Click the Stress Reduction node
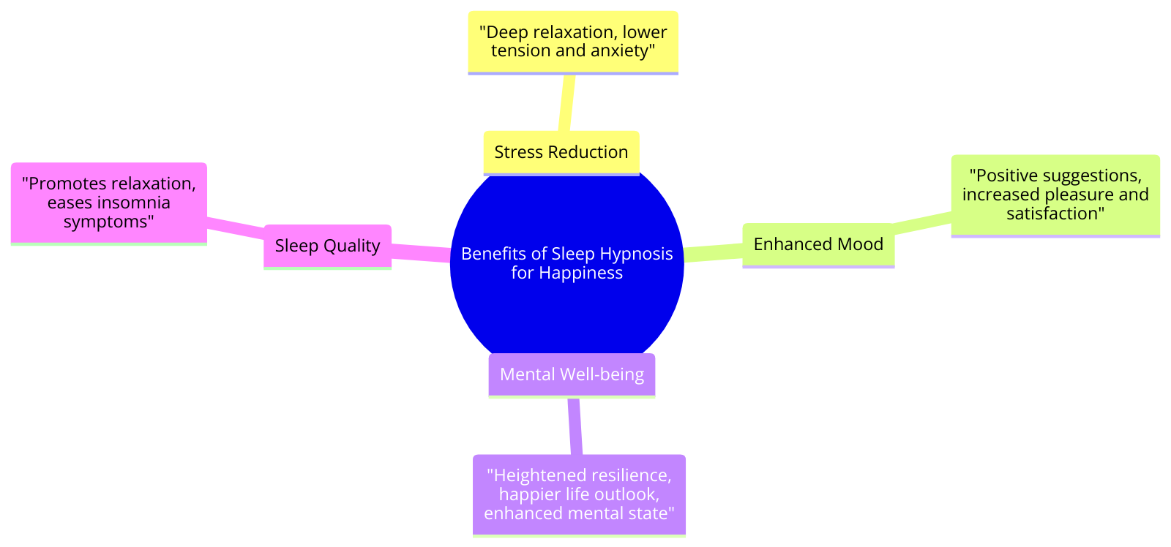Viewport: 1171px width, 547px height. point(561,152)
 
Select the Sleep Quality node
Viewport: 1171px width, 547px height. point(327,246)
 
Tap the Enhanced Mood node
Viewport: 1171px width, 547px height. point(818,244)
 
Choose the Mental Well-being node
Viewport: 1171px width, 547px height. point(572,374)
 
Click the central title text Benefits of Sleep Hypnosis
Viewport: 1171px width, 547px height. point(567,254)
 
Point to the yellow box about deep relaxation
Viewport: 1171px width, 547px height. point(573,42)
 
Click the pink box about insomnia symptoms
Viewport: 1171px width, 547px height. point(109,203)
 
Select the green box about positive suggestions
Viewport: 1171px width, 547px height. point(1055,195)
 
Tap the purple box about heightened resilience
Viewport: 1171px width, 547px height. point(579,494)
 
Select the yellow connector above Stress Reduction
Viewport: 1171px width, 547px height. point(566,102)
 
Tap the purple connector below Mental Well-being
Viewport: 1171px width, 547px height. point(575,426)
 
